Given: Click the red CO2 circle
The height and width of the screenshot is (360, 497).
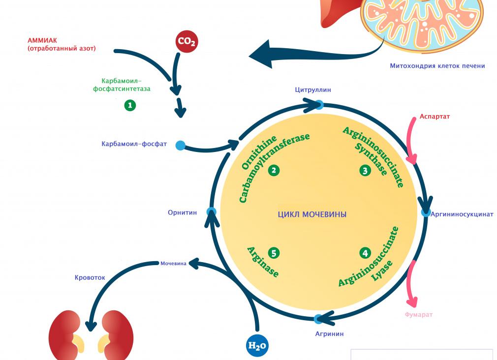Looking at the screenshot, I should point(186,42).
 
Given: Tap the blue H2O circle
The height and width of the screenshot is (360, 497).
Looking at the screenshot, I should point(257,346).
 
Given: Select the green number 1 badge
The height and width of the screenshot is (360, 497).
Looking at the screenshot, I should point(130,105).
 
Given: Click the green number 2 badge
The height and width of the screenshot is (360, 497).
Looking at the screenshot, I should point(274,171).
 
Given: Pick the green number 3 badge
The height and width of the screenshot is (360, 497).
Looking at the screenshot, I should point(365,171).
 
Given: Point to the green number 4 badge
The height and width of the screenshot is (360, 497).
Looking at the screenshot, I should point(365,253).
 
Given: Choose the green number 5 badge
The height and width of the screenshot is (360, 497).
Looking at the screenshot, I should point(274,253).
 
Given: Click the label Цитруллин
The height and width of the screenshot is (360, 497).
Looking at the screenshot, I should point(313,90).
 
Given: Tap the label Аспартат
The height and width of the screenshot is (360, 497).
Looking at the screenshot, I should point(435,117).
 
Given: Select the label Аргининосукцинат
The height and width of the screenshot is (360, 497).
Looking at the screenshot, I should point(462,214).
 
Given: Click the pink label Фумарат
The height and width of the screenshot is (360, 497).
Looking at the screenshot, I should point(419,315).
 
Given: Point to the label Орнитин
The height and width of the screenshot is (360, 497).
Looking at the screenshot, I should point(182,212).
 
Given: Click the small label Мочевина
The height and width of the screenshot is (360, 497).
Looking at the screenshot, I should point(174,264).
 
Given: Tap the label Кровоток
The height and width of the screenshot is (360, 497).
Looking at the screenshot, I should point(90,277).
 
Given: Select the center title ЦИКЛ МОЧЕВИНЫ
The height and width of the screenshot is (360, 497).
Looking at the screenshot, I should point(312,214).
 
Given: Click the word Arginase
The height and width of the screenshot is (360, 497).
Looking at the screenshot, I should point(263,262).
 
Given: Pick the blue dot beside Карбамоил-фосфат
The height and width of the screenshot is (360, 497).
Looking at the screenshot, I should point(181,145).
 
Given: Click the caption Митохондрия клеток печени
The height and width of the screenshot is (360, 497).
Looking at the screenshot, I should point(437,66).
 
